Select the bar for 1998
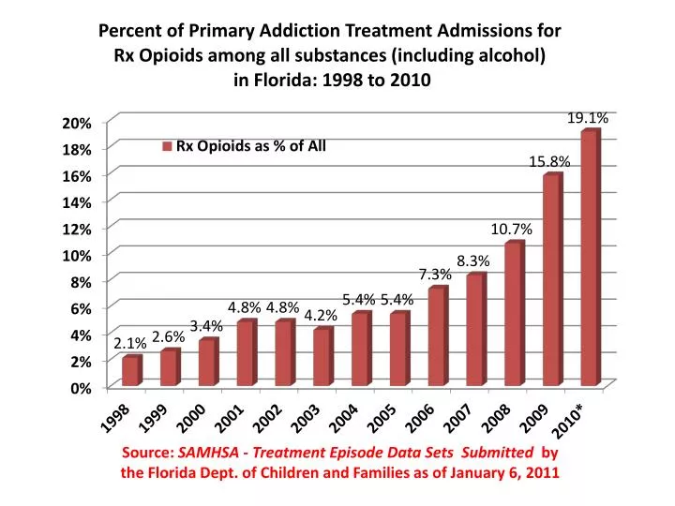[x=130, y=371]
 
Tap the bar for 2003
[x=322, y=358]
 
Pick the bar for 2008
[x=513, y=315]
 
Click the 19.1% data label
[x=588, y=118]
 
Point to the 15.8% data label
[x=549, y=162]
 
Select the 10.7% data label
[x=511, y=230]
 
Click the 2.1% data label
[x=129, y=344]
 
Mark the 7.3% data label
[x=435, y=275]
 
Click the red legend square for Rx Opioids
[x=168, y=146]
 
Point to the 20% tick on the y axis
[x=77, y=124]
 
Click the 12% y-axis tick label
[x=77, y=230]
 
